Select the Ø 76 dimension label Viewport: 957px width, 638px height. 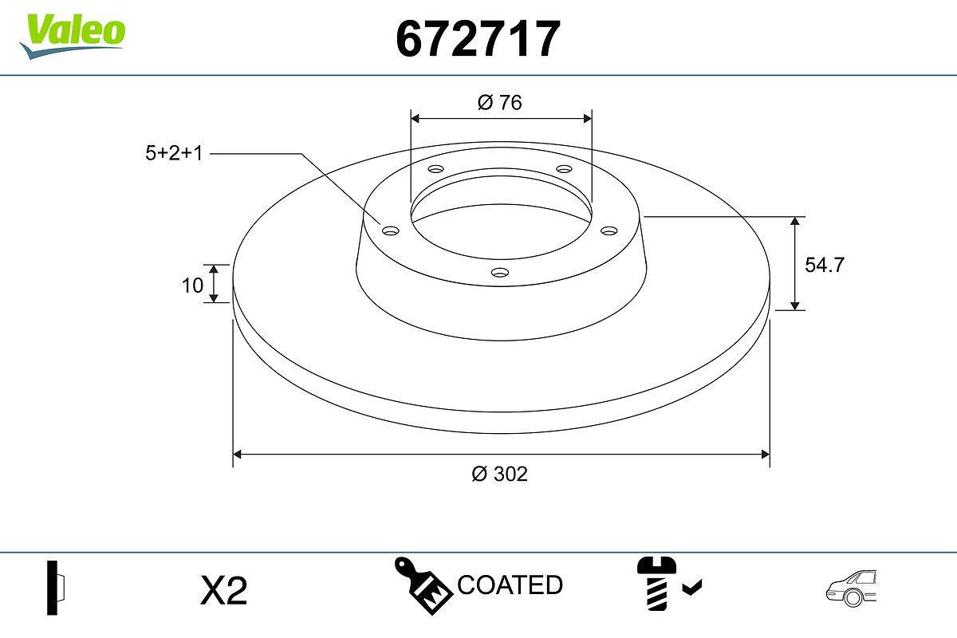click(x=500, y=103)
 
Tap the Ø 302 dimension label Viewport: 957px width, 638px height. click(x=500, y=474)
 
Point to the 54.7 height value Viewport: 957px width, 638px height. click(x=824, y=266)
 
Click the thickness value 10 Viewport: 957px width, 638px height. click(x=193, y=285)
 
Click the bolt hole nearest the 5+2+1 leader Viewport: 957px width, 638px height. click(x=390, y=230)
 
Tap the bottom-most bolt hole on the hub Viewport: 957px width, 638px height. click(x=499, y=273)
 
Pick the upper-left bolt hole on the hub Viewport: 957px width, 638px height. click(x=435, y=169)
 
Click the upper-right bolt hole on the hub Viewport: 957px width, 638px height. click(x=565, y=169)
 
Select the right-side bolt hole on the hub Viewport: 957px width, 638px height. click(x=609, y=230)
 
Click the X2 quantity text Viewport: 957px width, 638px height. click(x=225, y=591)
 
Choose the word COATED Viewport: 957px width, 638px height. click(x=510, y=585)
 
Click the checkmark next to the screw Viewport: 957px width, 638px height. click(x=692, y=589)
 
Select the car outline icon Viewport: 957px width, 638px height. click(x=850, y=589)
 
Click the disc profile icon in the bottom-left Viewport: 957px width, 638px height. click(x=55, y=589)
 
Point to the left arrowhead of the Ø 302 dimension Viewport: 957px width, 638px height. click(x=237, y=455)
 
